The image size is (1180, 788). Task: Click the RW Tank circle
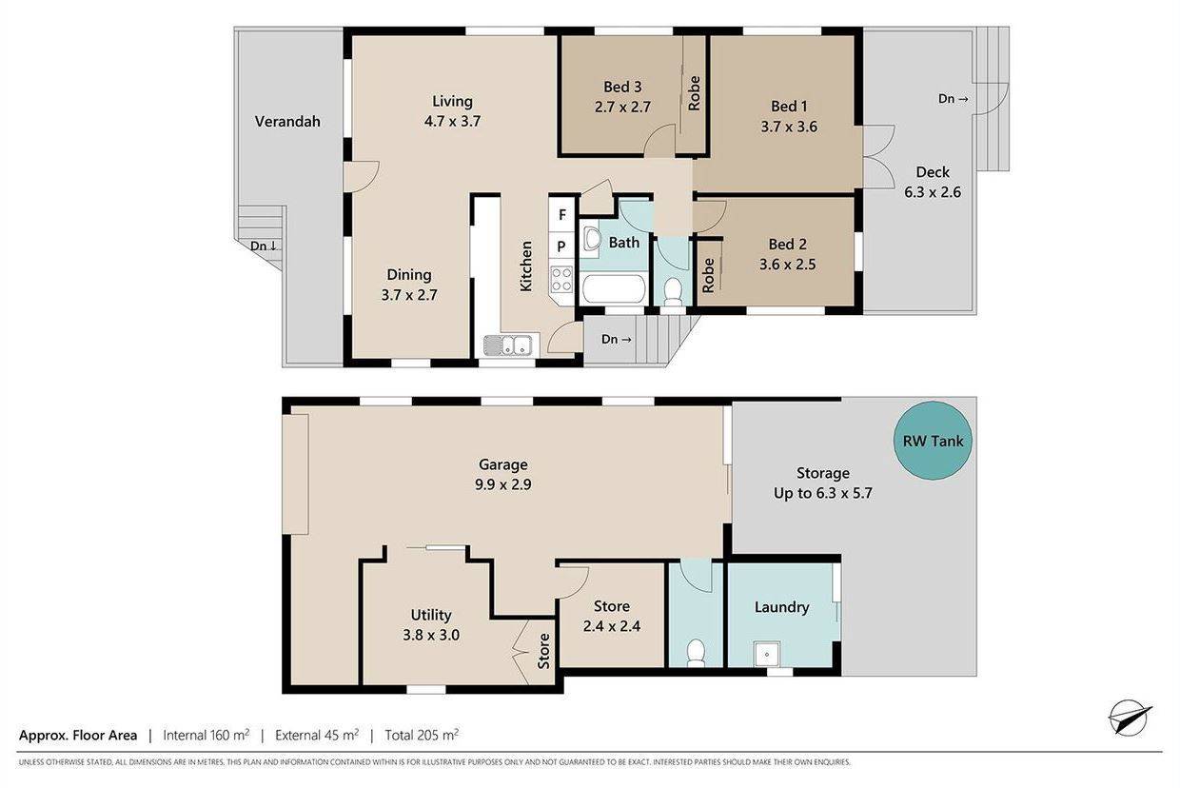pyautogui.click(x=933, y=441)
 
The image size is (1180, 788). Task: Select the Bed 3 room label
pyautogui.click(x=622, y=87)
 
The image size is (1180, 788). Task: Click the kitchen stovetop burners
pyautogui.click(x=561, y=279)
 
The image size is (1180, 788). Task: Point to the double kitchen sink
pyautogui.click(x=509, y=345)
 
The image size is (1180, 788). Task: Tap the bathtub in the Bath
pyautogui.click(x=614, y=289)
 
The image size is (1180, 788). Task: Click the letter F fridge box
pyautogui.click(x=562, y=214)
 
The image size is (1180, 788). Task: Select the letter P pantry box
pyautogui.click(x=561, y=246)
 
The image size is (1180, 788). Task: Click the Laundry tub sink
pyautogui.click(x=767, y=654)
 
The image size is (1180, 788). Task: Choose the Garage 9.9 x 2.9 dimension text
pyautogui.click(x=503, y=484)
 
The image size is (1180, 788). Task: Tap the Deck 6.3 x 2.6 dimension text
pyautogui.click(x=933, y=192)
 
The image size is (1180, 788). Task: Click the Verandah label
pyautogui.click(x=287, y=122)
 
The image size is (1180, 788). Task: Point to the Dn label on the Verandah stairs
pyautogui.click(x=264, y=246)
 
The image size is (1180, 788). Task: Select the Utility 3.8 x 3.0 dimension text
pyautogui.click(x=431, y=635)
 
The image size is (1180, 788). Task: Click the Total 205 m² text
pyautogui.click(x=422, y=735)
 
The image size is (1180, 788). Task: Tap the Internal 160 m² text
pyautogui.click(x=206, y=735)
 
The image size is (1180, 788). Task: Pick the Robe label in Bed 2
pyautogui.click(x=709, y=275)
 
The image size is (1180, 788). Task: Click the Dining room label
pyautogui.click(x=409, y=275)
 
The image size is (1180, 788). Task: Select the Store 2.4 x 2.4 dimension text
pyautogui.click(x=612, y=626)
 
